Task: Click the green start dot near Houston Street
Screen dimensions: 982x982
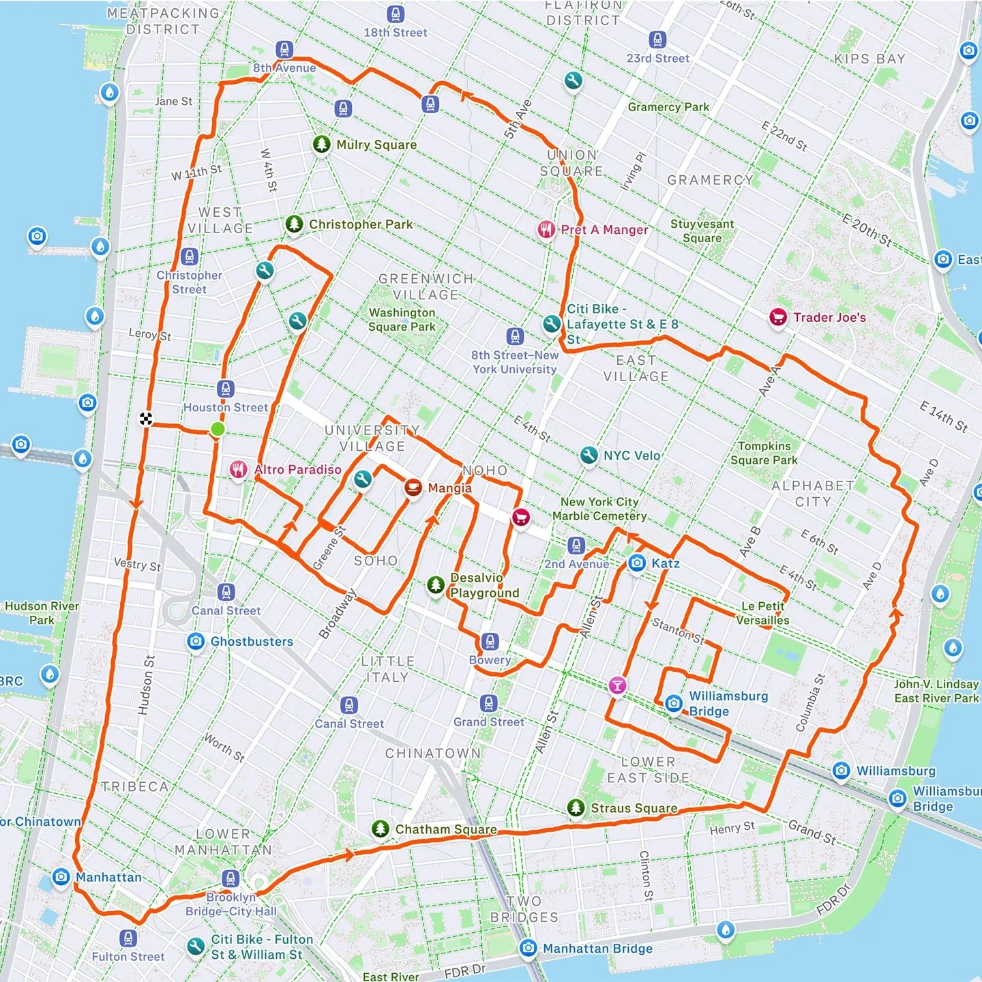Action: click(x=217, y=429)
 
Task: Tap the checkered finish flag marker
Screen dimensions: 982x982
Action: click(x=146, y=419)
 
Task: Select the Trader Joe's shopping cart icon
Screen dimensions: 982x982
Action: click(x=778, y=317)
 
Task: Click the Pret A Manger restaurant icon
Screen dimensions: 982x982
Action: click(x=546, y=229)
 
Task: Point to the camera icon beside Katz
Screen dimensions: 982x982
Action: click(x=637, y=563)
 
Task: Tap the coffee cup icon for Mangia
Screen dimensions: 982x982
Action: click(x=413, y=488)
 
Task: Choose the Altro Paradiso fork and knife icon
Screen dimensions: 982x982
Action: click(x=237, y=469)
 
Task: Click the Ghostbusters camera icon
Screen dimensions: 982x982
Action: click(x=196, y=642)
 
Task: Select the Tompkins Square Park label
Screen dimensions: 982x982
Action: click(x=764, y=453)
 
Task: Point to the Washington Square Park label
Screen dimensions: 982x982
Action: click(x=402, y=319)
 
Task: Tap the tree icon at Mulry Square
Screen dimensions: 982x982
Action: click(x=322, y=145)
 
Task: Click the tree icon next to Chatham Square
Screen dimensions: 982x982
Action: click(x=381, y=829)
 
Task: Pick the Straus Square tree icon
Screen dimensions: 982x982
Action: click(x=576, y=808)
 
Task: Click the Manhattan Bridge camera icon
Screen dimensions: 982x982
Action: click(x=528, y=948)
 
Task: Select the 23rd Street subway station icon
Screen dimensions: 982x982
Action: click(x=657, y=40)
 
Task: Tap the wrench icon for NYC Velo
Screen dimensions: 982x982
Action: click(x=589, y=456)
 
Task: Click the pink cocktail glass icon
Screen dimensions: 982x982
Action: click(x=617, y=685)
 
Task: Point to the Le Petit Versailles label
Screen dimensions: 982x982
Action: click(x=762, y=613)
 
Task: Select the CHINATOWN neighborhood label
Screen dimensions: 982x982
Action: click(x=433, y=754)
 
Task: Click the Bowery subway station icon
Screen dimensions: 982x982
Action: click(x=490, y=642)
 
